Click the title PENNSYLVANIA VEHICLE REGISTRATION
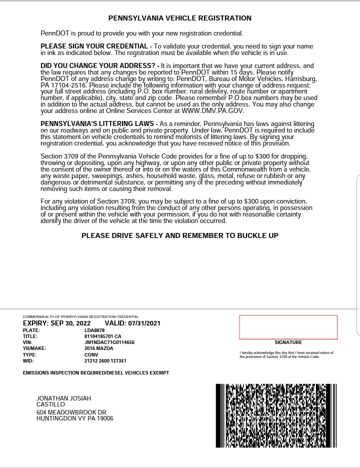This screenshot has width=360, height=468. [180, 18]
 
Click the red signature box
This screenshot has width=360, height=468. [288, 327]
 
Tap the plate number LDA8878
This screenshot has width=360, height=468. [94, 330]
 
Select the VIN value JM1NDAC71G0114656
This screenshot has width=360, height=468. [109, 342]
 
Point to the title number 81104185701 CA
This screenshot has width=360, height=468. [103, 336]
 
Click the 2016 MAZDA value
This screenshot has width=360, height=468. [99, 348]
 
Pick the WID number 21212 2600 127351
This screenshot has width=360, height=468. [105, 360]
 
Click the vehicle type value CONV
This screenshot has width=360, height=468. [91, 354]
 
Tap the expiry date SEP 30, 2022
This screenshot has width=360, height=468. [70, 323]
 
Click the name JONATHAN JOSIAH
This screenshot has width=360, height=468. [63, 398]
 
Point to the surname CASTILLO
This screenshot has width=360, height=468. [50, 404]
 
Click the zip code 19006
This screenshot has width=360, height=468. [105, 418]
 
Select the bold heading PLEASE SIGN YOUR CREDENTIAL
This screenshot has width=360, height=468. [94, 46]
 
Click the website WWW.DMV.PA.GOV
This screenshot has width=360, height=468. [212, 111]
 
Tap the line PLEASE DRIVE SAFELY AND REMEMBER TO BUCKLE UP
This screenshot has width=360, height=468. [180, 235]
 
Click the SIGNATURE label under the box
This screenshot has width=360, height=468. [288, 342]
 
